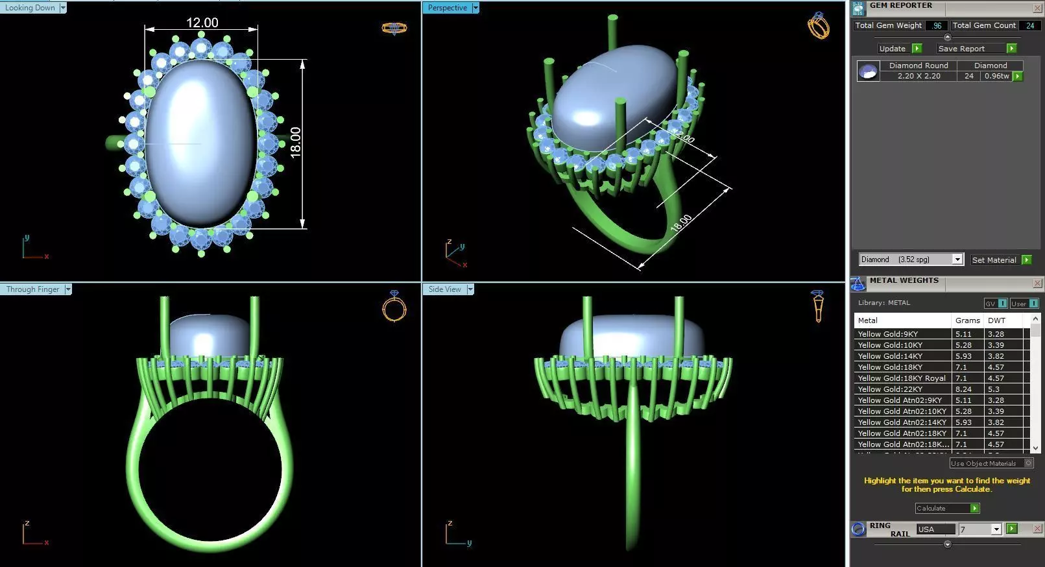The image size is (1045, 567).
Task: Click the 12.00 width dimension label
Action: tap(202, 23)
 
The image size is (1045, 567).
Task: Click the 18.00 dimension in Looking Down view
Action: tap(296, 142)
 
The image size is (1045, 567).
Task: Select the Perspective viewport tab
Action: tap(447, 8)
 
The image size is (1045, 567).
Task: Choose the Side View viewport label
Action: tap(444, 289)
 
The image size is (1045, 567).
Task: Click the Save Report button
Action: tap(961, 49)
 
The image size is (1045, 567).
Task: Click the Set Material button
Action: tap(994, 260)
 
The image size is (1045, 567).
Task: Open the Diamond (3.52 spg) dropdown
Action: tap(957, 259)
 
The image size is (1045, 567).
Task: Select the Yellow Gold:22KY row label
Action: tap(889, 389)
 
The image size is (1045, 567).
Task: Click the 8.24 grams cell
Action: tap(963, 389)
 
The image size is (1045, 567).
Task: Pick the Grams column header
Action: tap(967, 320)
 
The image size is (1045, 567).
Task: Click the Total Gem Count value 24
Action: tap(1029, 26)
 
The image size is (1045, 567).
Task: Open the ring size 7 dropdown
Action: tap(996, 529)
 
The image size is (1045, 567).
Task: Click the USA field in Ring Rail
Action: tap(935, 529)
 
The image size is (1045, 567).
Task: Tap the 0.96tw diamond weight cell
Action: tap(996, 76)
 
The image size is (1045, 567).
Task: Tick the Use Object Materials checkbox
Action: tap(1028, 463)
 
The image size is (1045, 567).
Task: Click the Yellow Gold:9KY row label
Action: tap(887, 334)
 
